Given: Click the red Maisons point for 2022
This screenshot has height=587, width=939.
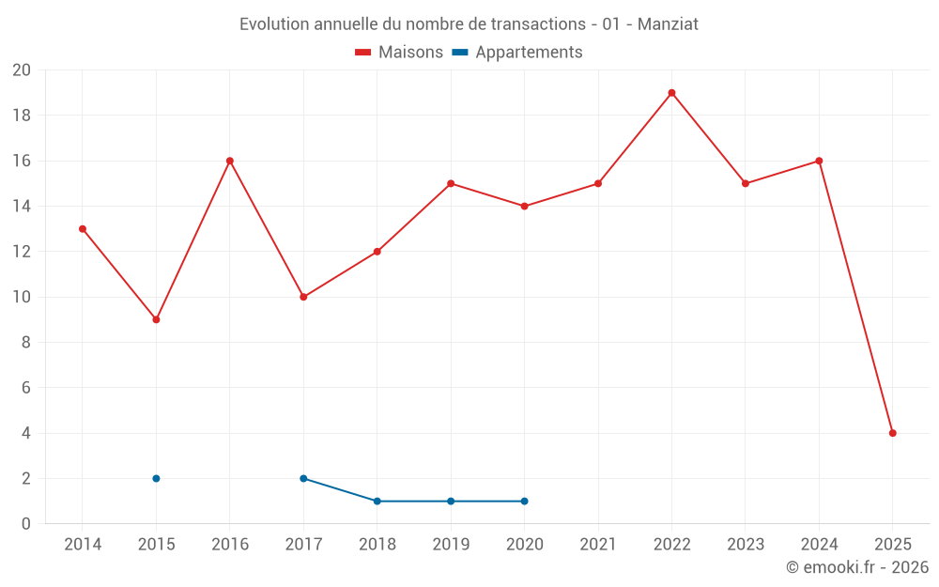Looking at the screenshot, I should (x=671, y=93).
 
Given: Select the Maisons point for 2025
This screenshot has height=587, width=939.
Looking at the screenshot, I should (x=892, y=433).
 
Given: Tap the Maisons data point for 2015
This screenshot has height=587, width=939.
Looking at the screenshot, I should (x=156, y=319).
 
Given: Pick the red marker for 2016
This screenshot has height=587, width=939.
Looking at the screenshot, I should (x=229, y=161).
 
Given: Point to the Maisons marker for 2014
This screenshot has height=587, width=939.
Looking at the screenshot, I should (x=83, y=229).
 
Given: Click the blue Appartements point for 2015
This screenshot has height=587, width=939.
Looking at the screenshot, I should (x=156, y=478).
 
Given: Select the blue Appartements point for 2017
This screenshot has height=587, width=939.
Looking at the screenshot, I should (x=303, y=478).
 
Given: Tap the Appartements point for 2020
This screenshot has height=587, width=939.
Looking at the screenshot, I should (x=524, y=501).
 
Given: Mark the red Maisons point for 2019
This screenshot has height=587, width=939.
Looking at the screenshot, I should (x=451, y=183).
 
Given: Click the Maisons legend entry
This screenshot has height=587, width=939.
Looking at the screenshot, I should (x=399, y=53).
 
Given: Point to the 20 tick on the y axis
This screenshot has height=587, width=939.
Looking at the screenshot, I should (x=22, y=70).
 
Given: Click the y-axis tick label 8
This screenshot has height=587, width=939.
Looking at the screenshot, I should (x=26, y=343).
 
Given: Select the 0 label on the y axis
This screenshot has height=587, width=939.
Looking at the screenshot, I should (x=26, y=524).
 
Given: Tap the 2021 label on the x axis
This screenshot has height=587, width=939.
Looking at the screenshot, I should (x=598, y=545).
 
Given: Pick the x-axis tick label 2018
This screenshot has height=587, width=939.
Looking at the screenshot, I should (x=377, y=545).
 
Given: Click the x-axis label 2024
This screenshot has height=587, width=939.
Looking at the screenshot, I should (x=819, y=545).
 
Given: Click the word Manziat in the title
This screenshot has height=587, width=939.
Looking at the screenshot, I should (x=668, y=24).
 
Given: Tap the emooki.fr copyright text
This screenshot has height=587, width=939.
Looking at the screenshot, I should (x=857, y=567).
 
